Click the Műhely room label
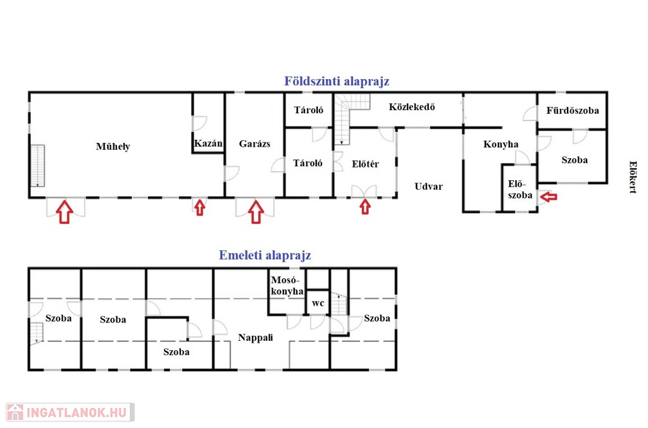[113, 147]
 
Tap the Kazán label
[208, 144]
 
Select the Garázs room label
[254, 144]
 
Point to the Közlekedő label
[411, 107]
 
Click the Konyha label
[501, 144]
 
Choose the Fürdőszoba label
[572, 110]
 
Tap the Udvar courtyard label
[428, 186]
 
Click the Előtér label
[365, 164]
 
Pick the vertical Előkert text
[633, 177]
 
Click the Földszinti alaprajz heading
[337, 82]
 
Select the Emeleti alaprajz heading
[265, 255]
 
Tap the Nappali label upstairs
[256, 338]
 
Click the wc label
[318, 303]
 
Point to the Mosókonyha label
[287, 286]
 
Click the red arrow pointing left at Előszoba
[549, 197]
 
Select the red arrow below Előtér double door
[365, 207]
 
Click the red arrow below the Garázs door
[256, 212]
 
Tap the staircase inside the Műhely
[37, 166]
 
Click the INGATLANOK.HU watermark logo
[70, 412]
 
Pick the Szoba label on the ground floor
[575, 160]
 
